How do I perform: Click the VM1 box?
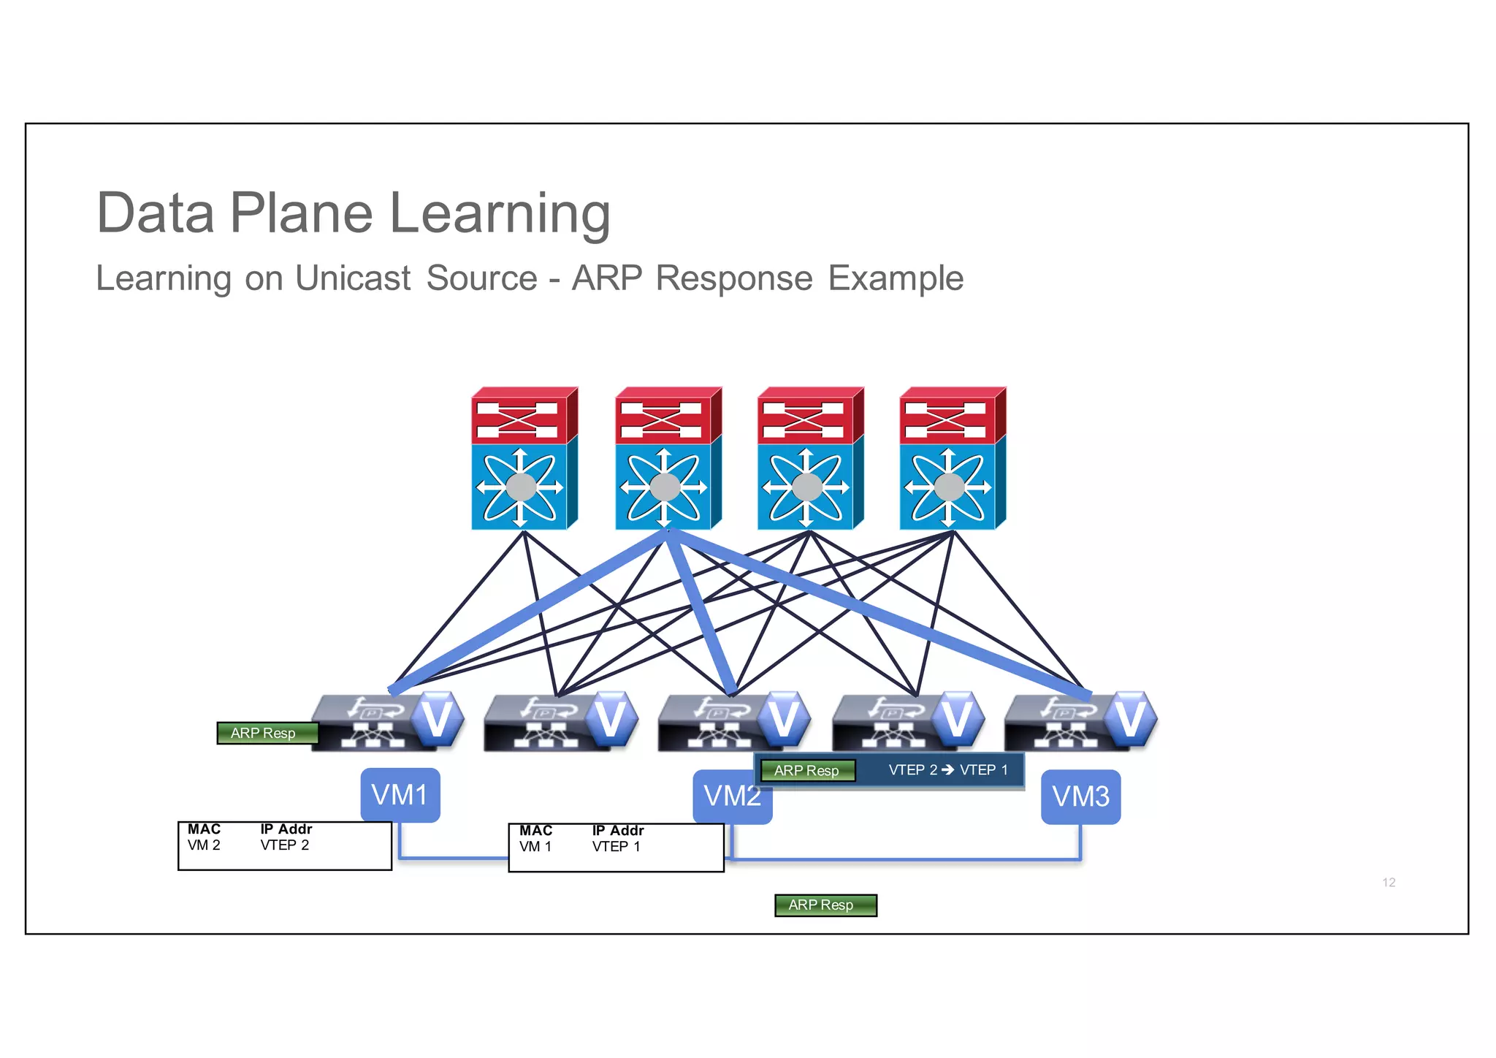[x=400, y=795]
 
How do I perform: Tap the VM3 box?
[x=1080, y=796]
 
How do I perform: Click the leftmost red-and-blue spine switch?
[x=524, y=458]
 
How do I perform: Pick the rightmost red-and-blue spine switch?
[x=952, y=458]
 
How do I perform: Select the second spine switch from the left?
[x=668, y=458]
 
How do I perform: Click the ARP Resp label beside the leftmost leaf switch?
[x=267, y=733]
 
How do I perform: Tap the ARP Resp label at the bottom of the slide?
[x=825, y=905]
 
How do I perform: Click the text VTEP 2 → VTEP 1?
[x=948, y=770]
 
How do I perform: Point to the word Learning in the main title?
[x=500, y=213]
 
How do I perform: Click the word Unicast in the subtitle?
[x=353, y=278]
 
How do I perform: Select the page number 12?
[x=1389, y=883]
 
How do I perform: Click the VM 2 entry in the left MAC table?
[x=204, y=845]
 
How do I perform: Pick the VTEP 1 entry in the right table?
[x=616, y=847]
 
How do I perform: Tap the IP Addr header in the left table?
[x=286, y=829]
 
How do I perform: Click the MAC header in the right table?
[x=535, y=831]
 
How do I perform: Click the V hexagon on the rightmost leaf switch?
[x=1129, y=718]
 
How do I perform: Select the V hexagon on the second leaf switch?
[x=610, y=718]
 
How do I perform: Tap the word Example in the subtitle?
[x=896, y=278]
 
